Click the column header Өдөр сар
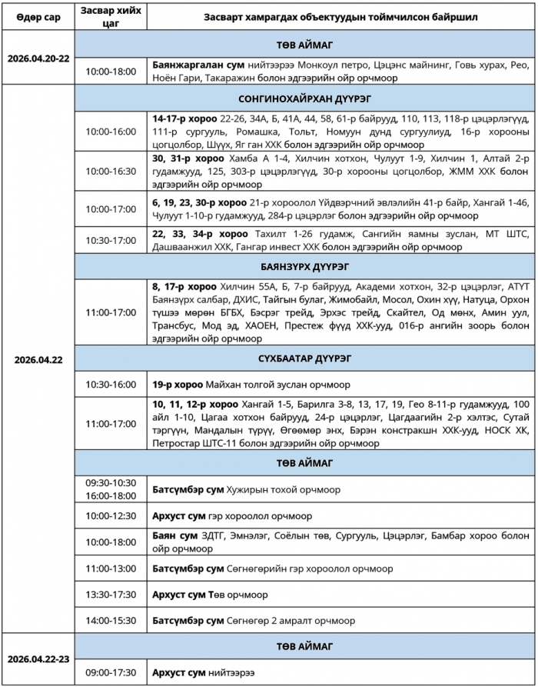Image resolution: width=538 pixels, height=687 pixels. coord(37,16)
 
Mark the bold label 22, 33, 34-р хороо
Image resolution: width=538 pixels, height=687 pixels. coord(200,234)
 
